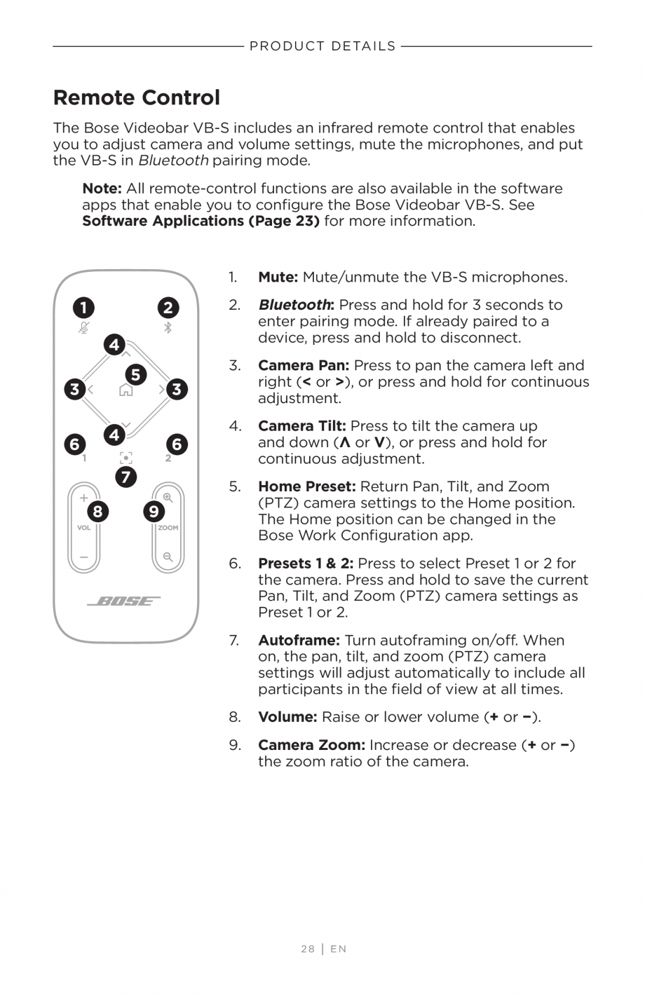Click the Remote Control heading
(137, 97)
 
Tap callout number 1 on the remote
(83, 308)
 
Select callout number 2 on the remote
(168, 308)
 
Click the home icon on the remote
(125, 390)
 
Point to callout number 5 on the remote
(136, 374)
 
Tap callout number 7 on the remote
(125, 477)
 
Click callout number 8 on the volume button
(97, 512)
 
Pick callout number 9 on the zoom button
(154, 512)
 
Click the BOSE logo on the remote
(124, 601)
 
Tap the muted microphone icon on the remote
(84, 327)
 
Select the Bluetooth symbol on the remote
(168, 327)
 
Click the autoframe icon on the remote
(125, 458)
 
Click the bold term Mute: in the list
(278, 278)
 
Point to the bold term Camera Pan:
(304, 366)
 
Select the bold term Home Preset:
(307, 486)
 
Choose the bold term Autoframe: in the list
(299, 641)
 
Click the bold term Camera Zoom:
(311, 745)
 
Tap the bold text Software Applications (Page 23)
(201, 221)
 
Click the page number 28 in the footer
(308, 949)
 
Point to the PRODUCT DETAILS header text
(322, 46)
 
